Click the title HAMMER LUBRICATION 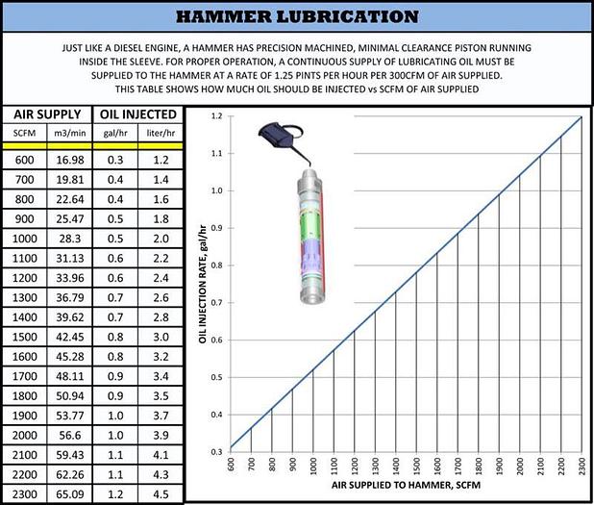pyautogui.click(x=297, y=16)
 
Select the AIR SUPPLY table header pyautogui.click(x=44, y=113)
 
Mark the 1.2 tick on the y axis pyautogui.click(x=216, y=116)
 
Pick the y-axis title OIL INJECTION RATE pyautogui.click(x=203, y=284)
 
